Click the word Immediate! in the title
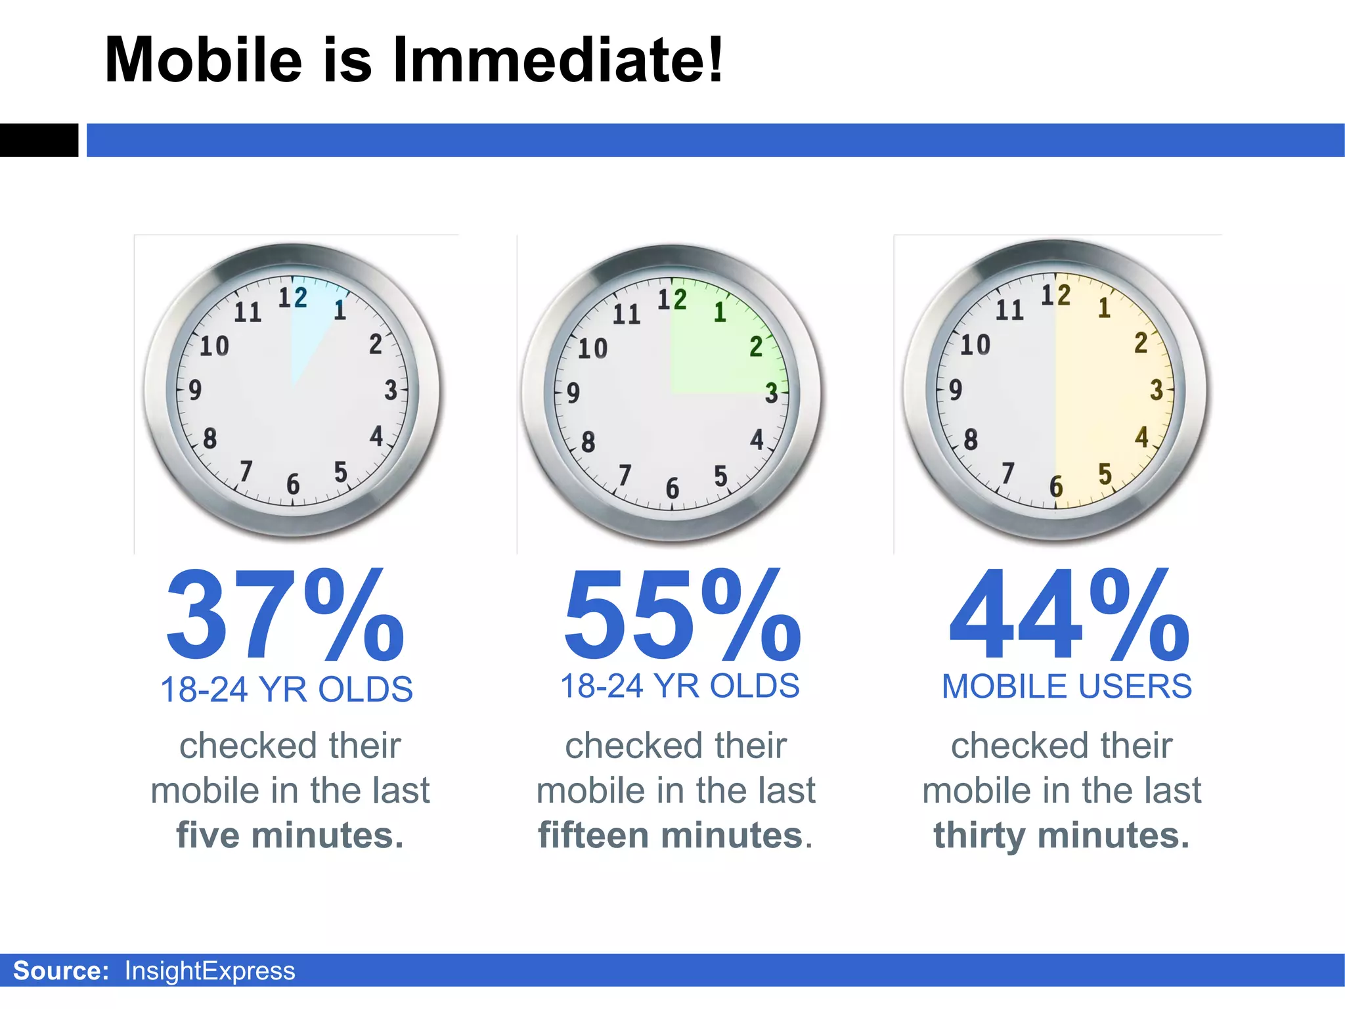pos(558,60)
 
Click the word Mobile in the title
pos(204,60)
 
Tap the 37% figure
pos(285,616)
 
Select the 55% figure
pos(682,616)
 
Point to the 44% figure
pos(1069,616)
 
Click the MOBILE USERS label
pos(1067,687)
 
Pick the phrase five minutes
pos(290,836)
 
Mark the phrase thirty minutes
pos(1061,836)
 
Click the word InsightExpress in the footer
pos(209,971)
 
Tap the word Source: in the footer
pos(61,971)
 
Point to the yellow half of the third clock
pos(1110,394)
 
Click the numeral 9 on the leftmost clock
pos(195,390)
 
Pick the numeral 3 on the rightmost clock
pos(1157,390)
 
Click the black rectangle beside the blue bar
pos(39,140)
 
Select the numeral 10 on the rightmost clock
pos(975,345)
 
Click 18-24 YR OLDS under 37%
pos(286,690)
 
